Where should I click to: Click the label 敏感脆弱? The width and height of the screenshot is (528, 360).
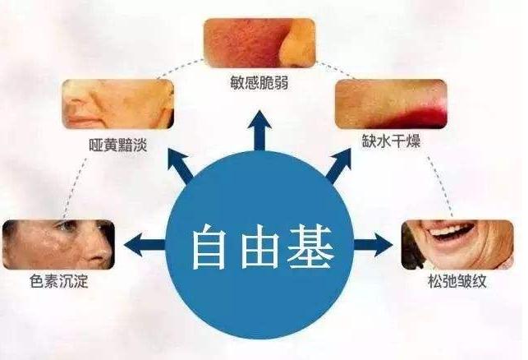(x=259, y=84)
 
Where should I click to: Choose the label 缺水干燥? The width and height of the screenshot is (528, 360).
(x=390, y=141)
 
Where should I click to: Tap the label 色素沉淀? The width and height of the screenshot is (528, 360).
(x=57, y=282)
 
